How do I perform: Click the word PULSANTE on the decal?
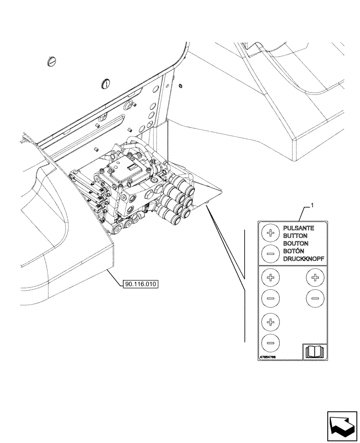click(x=299, y=228)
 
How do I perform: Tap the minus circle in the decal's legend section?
click(x=270, y=253)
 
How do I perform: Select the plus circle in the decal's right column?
click(x=315, y=278)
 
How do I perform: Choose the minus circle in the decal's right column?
click(x=315, y=298)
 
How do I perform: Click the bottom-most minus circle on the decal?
click(x=270, y=342)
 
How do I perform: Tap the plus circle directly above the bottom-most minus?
click(x=270, y=321)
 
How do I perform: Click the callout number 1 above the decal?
click(x=313, y=205)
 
